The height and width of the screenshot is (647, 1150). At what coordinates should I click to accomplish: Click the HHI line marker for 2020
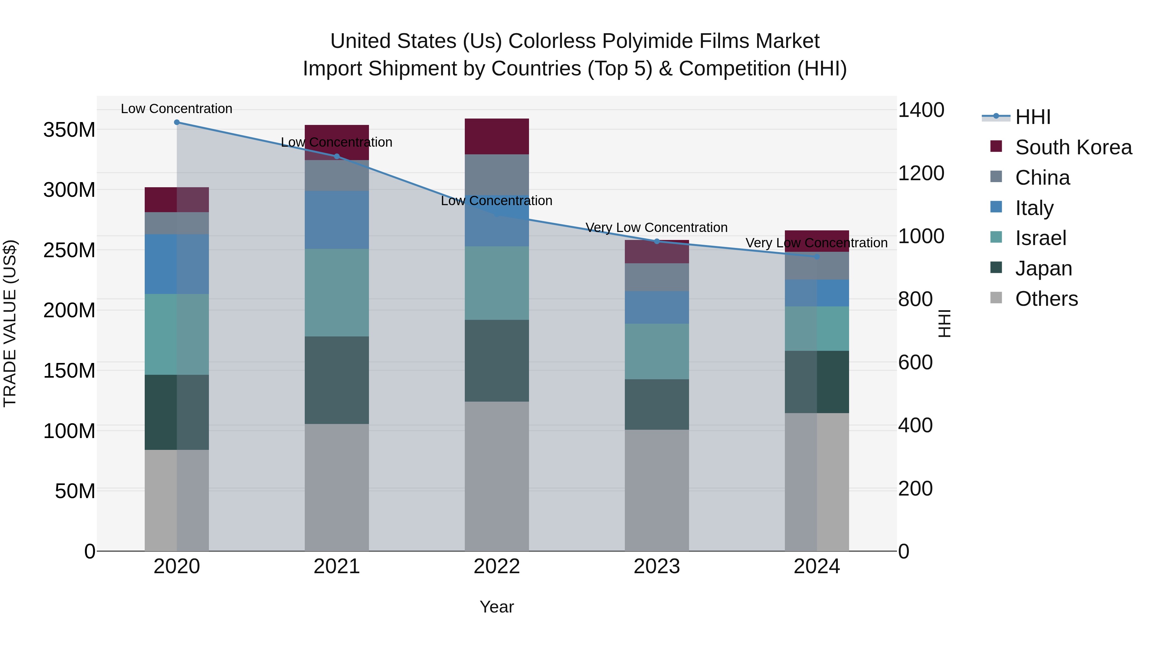click(x=177, y=122)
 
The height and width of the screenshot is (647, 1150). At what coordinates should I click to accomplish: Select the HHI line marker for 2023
click(x=657, y=242)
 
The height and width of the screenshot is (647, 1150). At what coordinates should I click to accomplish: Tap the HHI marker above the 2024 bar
click(x=817, y=257)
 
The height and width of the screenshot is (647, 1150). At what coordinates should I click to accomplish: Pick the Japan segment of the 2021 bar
click(x=337, y=380)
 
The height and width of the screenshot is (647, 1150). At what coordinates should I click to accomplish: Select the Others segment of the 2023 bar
click(x=657, y=490)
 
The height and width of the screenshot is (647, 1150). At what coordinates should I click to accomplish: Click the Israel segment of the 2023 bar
click(x=657, y=351)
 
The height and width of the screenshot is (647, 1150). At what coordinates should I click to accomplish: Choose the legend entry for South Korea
click(x=1073, y=147)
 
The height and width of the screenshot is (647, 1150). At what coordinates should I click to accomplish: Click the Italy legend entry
click(x=1034, y=208)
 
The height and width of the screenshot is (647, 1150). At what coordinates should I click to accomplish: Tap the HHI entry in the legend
click(x=1032, y=117)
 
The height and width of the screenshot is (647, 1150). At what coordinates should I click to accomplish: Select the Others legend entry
click(x=1046, y=299)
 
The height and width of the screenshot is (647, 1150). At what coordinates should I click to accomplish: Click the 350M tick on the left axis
click(x=69, y=130)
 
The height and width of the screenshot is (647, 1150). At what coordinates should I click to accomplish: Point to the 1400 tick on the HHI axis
click(x=921, y=110)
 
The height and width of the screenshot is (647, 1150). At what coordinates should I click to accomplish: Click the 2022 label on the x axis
click(x=497, y=566)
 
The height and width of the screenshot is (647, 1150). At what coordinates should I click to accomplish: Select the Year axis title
click(x=497, y=607)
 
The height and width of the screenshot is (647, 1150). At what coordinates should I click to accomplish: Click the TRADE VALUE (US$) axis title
click(x=10, y=323)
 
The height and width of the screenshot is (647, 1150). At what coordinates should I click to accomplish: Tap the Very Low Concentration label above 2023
click(x=657, y=228)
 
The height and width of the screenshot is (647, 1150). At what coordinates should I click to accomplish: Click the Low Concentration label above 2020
click(x=177, y=109)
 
